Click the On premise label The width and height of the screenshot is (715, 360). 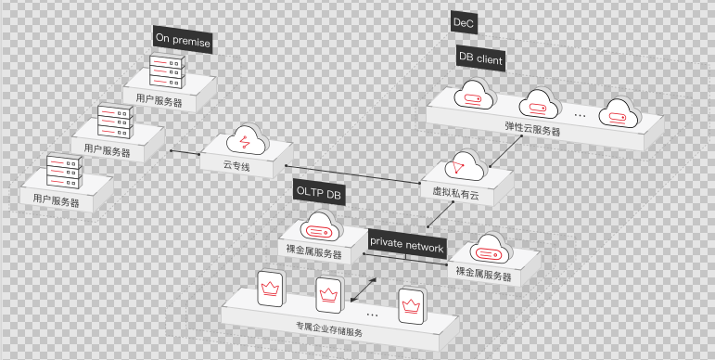pos(183,41)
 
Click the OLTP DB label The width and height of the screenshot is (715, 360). pos(318,191)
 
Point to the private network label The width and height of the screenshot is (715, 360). pos(407,241)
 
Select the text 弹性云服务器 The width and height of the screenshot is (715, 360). pos(532,132)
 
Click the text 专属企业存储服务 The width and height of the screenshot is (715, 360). pos(329,328)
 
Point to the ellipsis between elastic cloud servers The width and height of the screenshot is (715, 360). pos(581,114)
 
